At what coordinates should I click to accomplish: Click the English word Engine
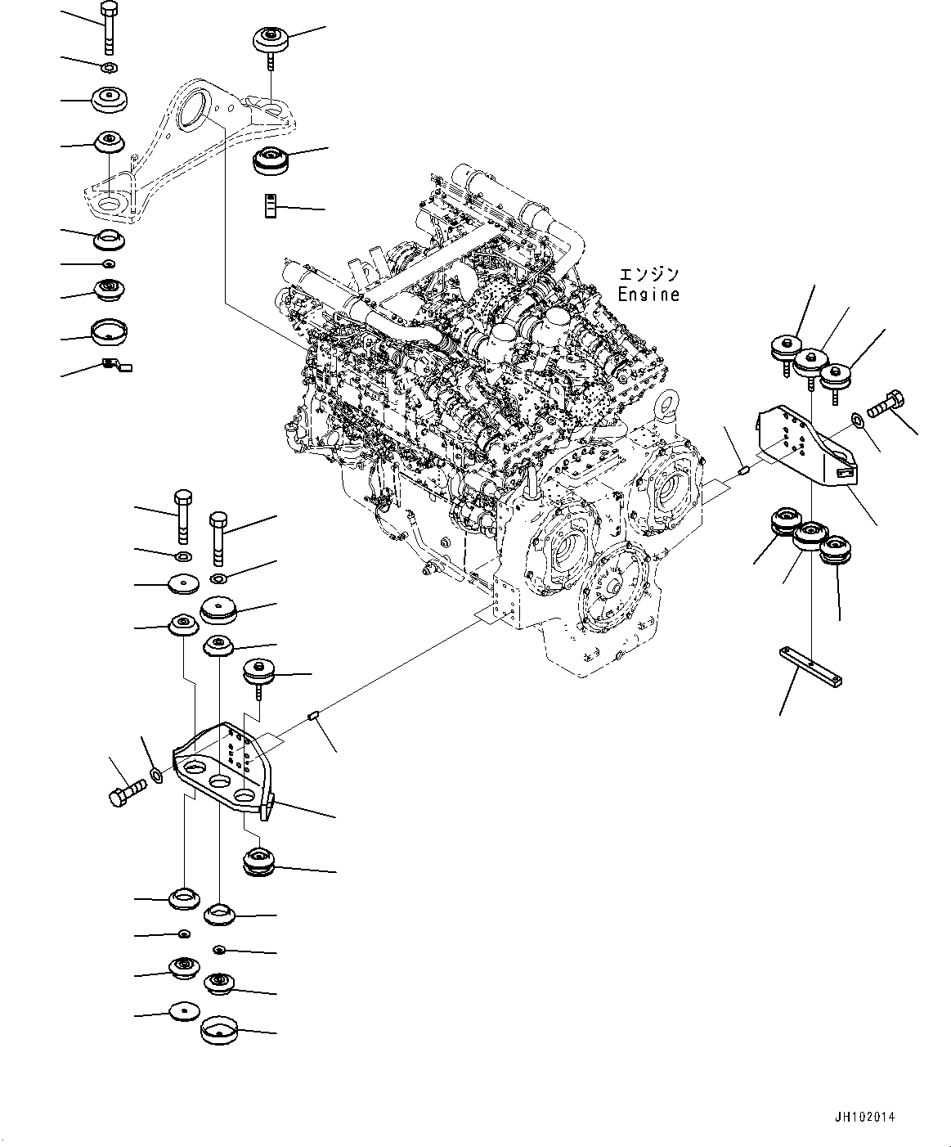tap(648, 295)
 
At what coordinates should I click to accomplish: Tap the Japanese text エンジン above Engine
tap(648, 276)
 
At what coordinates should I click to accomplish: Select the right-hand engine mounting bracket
tap(805, 446)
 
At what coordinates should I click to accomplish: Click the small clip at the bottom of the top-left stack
tap(114, 365)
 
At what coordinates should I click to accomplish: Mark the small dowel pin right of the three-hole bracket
tap(312, 717)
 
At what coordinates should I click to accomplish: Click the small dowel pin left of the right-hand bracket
tap(742, 470)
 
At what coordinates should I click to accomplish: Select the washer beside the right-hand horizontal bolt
tap(856, 420)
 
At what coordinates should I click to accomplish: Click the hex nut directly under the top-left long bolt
tap(109, 65)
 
